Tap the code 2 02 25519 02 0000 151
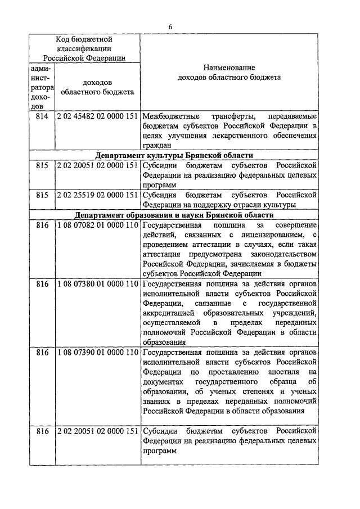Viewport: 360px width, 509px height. (97, 195)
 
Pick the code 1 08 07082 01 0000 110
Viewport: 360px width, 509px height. (97, 225)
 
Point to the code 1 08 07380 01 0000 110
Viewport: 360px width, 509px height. (97, 285)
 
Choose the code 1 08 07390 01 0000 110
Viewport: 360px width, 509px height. (97, 353)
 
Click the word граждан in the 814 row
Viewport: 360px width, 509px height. (156, 146)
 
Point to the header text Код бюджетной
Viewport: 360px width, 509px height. (84, 39)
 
